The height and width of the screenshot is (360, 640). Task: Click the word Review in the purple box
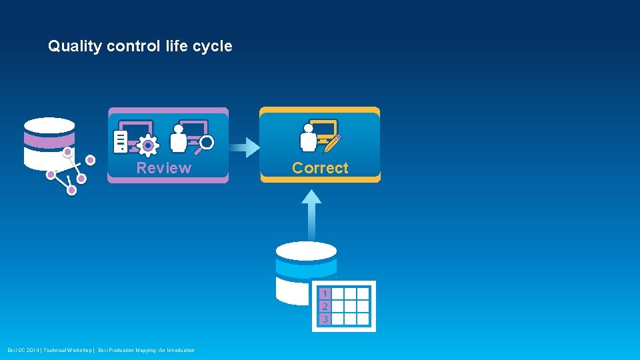(x=163, y=168)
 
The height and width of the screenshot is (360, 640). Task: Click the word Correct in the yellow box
(x=320, y=168)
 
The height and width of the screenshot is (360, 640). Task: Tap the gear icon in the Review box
(x=147, y=145)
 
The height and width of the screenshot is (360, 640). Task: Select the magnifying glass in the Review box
(x=206, y=142)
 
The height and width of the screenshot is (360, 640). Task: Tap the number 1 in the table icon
(x=325, y=293)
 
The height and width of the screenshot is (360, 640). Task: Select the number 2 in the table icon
(x=325, y=307)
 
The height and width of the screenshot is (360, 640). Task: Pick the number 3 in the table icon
(x=325, y=319)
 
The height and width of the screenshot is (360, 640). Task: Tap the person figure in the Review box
(x=178, y=138)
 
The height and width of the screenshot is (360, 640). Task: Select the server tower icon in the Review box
(x=121, y=141)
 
